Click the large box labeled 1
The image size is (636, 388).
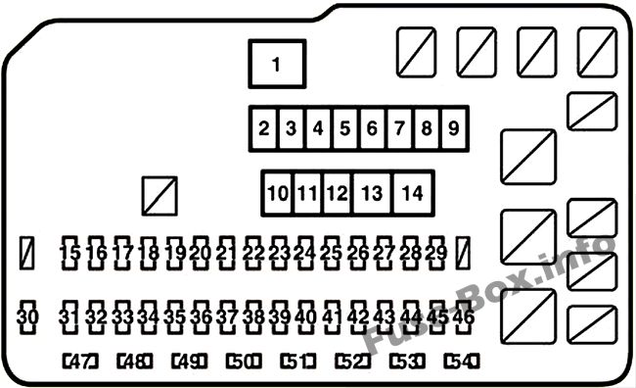tap(277, 64)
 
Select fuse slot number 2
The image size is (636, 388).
tap(264, 128)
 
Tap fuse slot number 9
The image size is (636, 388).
tap(454, 128)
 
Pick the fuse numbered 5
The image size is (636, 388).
tap(345, 128)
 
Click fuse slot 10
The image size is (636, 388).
tap(278, 193)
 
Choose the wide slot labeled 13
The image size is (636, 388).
tap(372, 193)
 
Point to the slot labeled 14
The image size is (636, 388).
tap(413, 193)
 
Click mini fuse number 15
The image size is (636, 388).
tap(69, 253)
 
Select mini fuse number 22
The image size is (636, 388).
tap(253, 253)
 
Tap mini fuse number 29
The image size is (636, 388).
tap(436, 253)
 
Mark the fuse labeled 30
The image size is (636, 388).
tap(27, 317)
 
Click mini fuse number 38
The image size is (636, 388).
tap(253, 317)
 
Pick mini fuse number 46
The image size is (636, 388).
tap(463, 317)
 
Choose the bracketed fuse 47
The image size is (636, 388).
tap(80, 362)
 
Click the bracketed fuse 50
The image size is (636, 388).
tap(244, 362)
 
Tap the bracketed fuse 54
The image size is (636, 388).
tap(462, 362)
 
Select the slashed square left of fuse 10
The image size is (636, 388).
tap(159, 196)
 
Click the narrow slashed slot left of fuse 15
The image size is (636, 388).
tap(26, 253)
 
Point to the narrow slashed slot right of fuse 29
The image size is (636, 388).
tap(463, 253)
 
